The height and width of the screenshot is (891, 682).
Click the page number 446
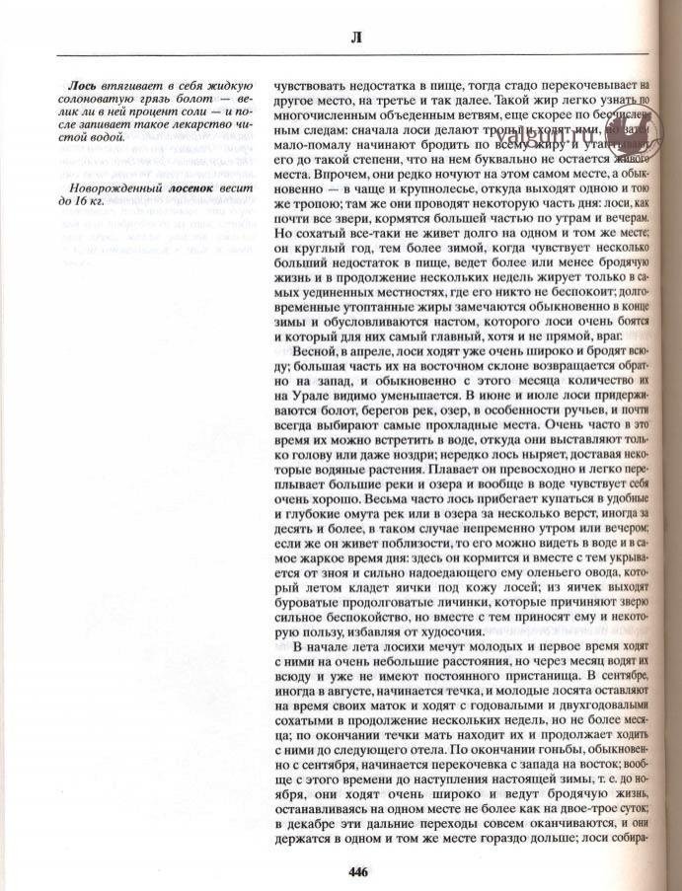coord(357,870)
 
